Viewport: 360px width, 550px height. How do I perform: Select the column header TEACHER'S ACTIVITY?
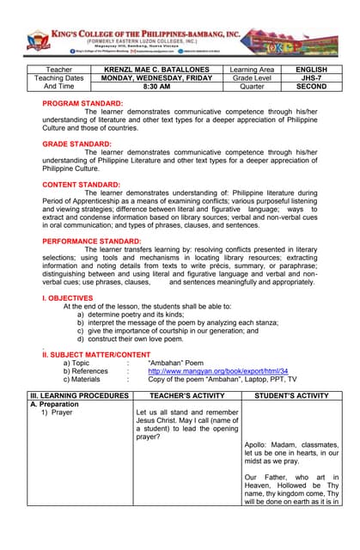pos(186,395)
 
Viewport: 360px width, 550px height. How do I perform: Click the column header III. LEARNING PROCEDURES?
pos(79,395)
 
